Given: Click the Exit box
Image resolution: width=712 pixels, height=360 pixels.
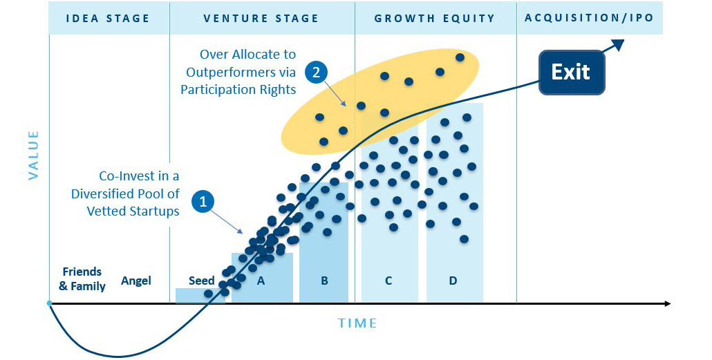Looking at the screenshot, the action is (x=572, y=73).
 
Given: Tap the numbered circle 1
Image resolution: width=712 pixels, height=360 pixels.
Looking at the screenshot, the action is (x=203, y=201).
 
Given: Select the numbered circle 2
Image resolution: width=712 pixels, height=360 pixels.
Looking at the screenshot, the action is (x=316, y=72).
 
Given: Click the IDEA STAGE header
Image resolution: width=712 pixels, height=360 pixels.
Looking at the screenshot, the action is (x=108, y=19).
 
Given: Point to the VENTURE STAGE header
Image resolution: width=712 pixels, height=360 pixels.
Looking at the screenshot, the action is (x=261, y=19).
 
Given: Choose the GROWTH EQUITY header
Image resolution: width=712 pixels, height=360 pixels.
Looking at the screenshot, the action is (x=435, y=19).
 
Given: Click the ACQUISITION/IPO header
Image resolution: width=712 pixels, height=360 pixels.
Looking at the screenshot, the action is (x=590, y=18).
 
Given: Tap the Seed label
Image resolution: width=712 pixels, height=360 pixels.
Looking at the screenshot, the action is (x=202, y=281).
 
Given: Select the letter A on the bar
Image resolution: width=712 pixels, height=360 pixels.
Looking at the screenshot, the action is (x=261, y=281).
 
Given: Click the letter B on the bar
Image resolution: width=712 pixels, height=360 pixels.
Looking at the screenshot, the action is (x=324, y=281).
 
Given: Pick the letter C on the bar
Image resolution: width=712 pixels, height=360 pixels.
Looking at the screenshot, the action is (x=388, y=281).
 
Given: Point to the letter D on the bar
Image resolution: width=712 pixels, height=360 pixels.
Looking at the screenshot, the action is (x=453, y=281).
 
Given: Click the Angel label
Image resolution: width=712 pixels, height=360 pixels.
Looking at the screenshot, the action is (x=135, y=281).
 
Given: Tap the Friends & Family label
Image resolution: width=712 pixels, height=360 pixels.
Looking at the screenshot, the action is (x=82, y=278).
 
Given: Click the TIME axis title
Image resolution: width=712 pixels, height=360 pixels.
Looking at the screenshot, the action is (x=357, y=323).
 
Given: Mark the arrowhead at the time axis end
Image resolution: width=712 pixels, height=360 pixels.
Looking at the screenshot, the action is (x=667, y=303).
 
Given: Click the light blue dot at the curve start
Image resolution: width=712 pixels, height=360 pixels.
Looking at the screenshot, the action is (x=49, y=303).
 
